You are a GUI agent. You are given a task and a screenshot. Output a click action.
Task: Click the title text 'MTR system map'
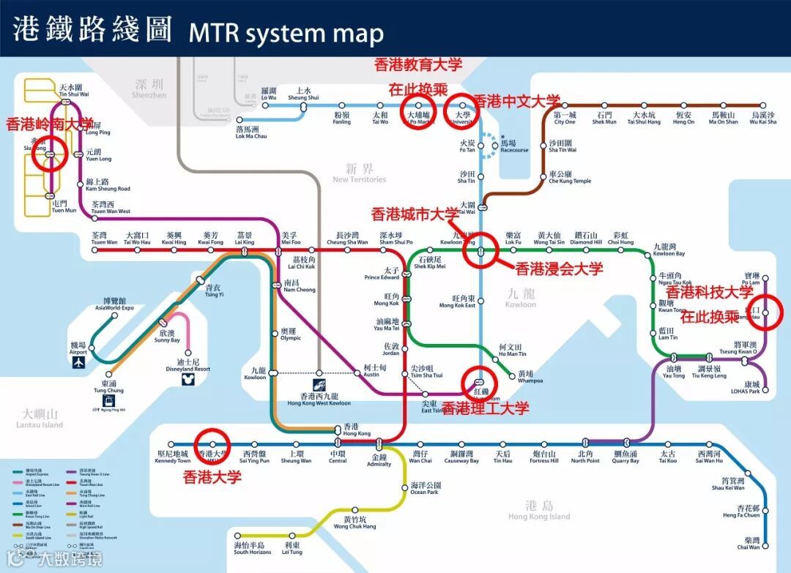pos(286,33)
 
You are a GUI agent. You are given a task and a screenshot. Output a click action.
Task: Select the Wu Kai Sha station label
pos(762,118)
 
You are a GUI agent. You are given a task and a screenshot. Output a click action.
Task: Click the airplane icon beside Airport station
pos(78,361)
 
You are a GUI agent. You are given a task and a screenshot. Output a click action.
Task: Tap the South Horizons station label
pos(249,548)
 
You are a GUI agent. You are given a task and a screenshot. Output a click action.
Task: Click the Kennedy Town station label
pos(173,457)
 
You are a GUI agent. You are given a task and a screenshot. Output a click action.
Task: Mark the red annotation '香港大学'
pos(212,477)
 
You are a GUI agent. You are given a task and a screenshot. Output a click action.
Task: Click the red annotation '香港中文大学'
pos(517,100)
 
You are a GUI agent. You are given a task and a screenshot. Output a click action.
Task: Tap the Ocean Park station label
pos(425,488)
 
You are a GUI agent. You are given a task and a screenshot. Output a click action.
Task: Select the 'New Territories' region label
pos(359,174)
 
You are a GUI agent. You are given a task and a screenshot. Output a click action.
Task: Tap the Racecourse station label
pos(514,147)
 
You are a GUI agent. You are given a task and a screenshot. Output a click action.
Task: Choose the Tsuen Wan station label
pos(104,239)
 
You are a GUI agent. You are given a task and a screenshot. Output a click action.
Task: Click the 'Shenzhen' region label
pos(149,89)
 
